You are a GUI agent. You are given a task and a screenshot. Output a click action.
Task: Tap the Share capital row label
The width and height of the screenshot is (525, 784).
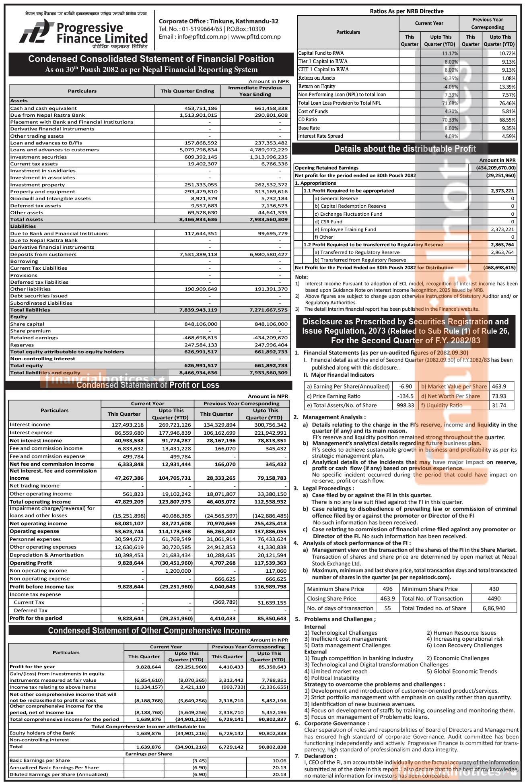click(x=27, y=324)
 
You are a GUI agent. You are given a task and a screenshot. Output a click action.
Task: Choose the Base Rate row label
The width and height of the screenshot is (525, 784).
click(x=309, y=128)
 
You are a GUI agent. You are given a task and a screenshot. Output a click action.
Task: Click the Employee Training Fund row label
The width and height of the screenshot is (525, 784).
click(x=346, y=229)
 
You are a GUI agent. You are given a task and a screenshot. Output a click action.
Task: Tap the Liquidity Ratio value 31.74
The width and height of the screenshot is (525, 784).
click(x=499, y=406)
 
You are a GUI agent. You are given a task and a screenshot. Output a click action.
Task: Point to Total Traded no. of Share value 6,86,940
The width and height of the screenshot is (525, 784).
click(x=494, y=608)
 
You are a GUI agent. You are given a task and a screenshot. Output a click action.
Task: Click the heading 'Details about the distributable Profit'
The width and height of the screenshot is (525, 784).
click(x=405, y=149)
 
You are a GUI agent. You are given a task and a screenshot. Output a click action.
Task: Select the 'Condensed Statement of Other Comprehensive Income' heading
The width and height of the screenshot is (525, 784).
click(x=149, y=631)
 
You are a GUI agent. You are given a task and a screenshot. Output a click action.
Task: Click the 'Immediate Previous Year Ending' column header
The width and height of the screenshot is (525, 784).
click(x=255, y=91)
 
